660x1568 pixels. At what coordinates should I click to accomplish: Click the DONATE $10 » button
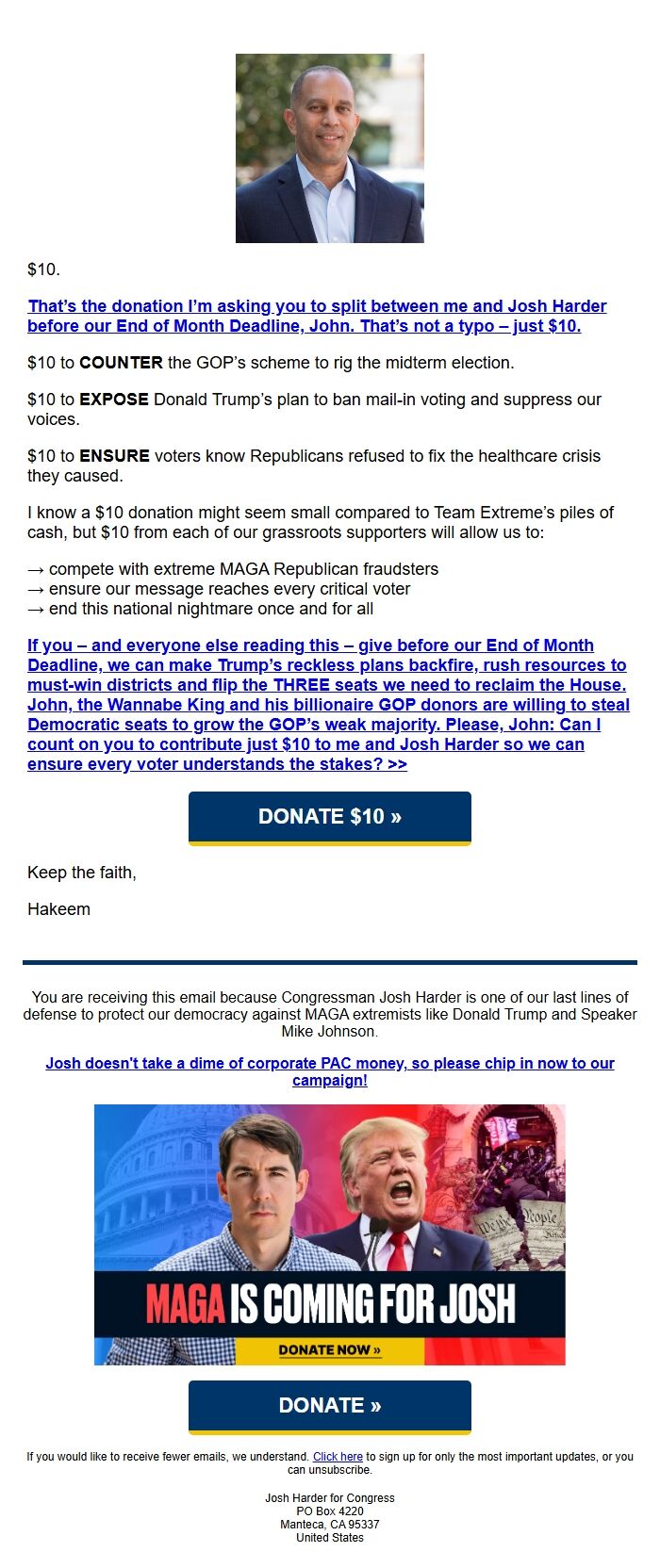[329, 817]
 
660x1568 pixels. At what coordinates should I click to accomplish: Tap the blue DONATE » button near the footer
[329, 1405]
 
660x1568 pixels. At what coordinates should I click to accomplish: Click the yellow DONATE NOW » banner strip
[329, 1350]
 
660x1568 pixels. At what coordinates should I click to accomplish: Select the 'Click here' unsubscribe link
[338, 1456]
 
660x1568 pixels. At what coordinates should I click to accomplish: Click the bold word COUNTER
[121, 363]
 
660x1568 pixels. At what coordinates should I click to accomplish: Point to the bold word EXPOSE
[113, 400]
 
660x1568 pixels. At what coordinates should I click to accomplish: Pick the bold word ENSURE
[114, 456]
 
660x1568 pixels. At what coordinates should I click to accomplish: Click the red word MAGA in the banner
[185, 1304]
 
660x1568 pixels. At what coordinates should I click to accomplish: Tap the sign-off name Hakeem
[58, 909]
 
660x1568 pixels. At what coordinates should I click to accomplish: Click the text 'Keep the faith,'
[82, 873]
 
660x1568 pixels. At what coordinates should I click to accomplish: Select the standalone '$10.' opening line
[43, 269]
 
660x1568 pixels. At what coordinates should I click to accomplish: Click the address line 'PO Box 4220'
[329, 1511]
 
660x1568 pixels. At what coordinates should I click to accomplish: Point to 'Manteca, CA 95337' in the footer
[329, 1524]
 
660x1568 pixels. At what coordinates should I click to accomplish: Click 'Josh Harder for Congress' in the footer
[329, 1497]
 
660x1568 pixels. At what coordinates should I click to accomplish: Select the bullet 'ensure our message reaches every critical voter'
[229, 589]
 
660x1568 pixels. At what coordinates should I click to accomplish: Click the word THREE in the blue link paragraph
[303, 685]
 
